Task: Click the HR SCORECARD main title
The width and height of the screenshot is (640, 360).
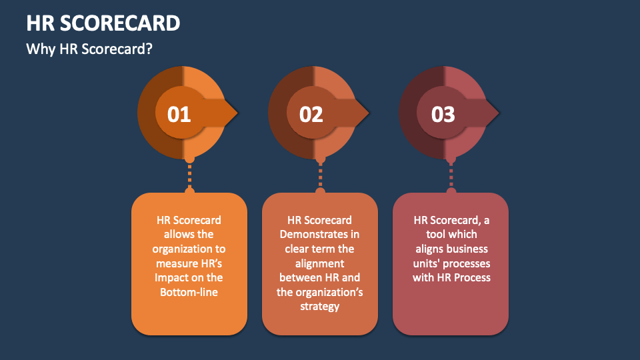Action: click(x=103, y=23)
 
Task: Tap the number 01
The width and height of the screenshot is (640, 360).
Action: click(x=179, y=114)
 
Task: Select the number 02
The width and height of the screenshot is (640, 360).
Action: click(x=311, y=114)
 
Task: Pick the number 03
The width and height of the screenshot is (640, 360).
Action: click(x=443, y=114)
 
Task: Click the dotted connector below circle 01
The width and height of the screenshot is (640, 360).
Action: click(x=189, y=176)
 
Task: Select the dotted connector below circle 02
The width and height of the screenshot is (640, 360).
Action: click(x=321, y=176)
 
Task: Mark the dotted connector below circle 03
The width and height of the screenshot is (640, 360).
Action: click(x=451, y=176)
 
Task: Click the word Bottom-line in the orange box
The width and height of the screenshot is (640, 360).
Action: click(x=189, y=292)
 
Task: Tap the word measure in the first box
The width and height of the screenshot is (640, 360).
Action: click(x=171, y=263)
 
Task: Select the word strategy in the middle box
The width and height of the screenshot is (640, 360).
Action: click(x=320, y=306)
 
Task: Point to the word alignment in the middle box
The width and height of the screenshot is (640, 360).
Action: click(x=320, y=263)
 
